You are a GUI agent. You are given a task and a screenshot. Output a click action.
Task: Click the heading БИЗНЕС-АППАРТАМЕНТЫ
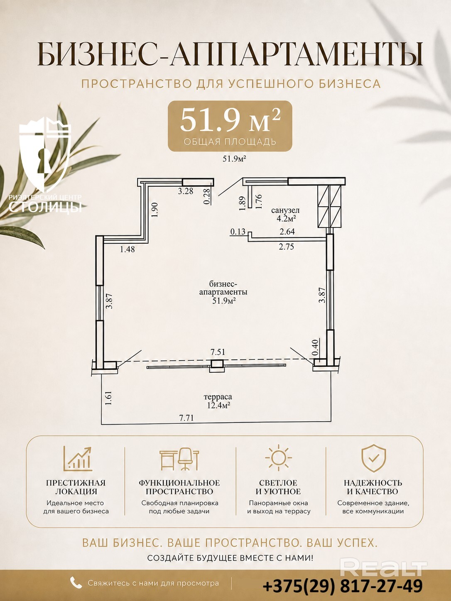click(230, 54)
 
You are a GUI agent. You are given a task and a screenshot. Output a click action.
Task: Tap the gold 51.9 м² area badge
click(230, 126)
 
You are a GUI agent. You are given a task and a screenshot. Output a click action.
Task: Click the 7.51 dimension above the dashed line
click(218, 352)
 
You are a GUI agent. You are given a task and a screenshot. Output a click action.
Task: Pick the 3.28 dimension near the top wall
click(185, 191)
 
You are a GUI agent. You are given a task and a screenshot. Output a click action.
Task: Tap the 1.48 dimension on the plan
click(127, 249)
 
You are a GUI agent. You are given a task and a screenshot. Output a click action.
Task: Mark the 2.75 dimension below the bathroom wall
click(287, 247)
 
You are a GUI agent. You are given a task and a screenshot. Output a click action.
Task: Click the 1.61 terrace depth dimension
click(108, 398)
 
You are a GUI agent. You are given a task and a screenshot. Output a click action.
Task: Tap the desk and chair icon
click(179, 459)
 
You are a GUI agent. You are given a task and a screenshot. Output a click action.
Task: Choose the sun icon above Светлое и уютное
click(278, 457)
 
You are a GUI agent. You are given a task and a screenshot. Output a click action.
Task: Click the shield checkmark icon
click(373, 459)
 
